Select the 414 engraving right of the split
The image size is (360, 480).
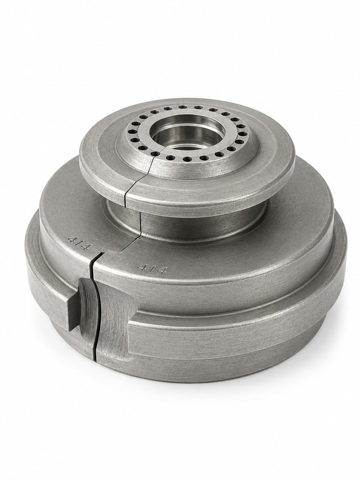[152, 269]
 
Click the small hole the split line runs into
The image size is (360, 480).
[155, 154]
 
